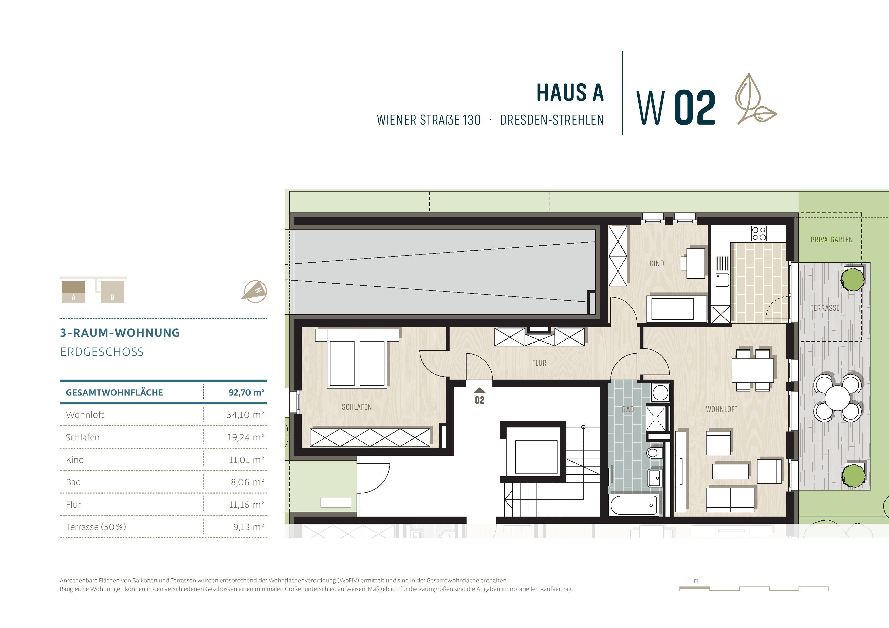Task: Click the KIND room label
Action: (x=657, y=264)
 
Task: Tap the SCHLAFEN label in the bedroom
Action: (x=357, y=407)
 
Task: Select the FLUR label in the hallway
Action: (x=539, y=363)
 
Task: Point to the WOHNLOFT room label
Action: (x=721, y=409)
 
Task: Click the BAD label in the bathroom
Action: (x=628, y=409)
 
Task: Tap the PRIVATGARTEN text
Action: (x=831, y=240)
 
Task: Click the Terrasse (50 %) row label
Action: (x=96, y=527)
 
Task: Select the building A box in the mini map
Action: (x=73, y=292)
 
